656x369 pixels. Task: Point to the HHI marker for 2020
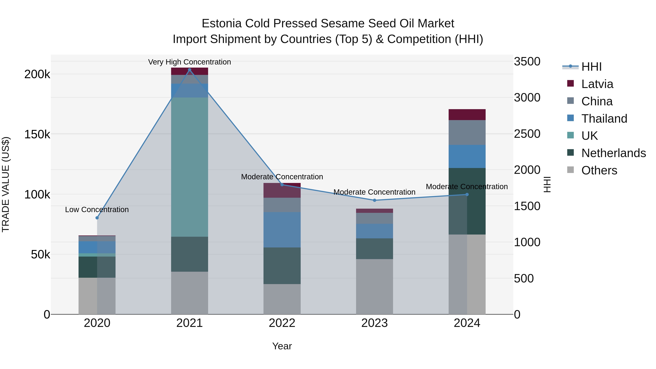97,218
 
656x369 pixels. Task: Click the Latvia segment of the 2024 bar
467,115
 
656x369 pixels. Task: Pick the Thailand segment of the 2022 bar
282,230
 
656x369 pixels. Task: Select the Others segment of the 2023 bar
374,286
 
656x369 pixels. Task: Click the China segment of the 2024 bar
467,132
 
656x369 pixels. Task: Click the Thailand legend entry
604,119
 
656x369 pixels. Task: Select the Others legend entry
599,170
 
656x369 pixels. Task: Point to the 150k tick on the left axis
37,134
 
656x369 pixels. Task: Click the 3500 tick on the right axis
527,62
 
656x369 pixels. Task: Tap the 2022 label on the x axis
282,323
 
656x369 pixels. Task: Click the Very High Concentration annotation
190,62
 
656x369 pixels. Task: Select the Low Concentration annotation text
97,210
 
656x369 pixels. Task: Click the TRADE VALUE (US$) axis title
6,184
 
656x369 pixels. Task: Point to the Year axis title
282,346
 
